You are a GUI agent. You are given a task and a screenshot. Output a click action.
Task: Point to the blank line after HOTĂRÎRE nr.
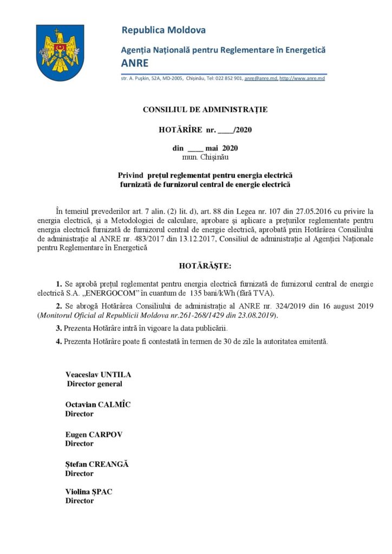pos(226,130)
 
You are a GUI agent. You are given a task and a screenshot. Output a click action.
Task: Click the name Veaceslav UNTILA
pos(98,375)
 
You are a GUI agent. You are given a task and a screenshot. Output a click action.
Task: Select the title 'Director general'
pos(94,384)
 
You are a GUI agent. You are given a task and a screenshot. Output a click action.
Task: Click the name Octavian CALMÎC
pos(98,405)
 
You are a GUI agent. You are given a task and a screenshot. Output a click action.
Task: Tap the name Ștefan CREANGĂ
pos(97,464)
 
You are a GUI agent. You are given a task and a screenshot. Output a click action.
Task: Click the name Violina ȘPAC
pos(89,492)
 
